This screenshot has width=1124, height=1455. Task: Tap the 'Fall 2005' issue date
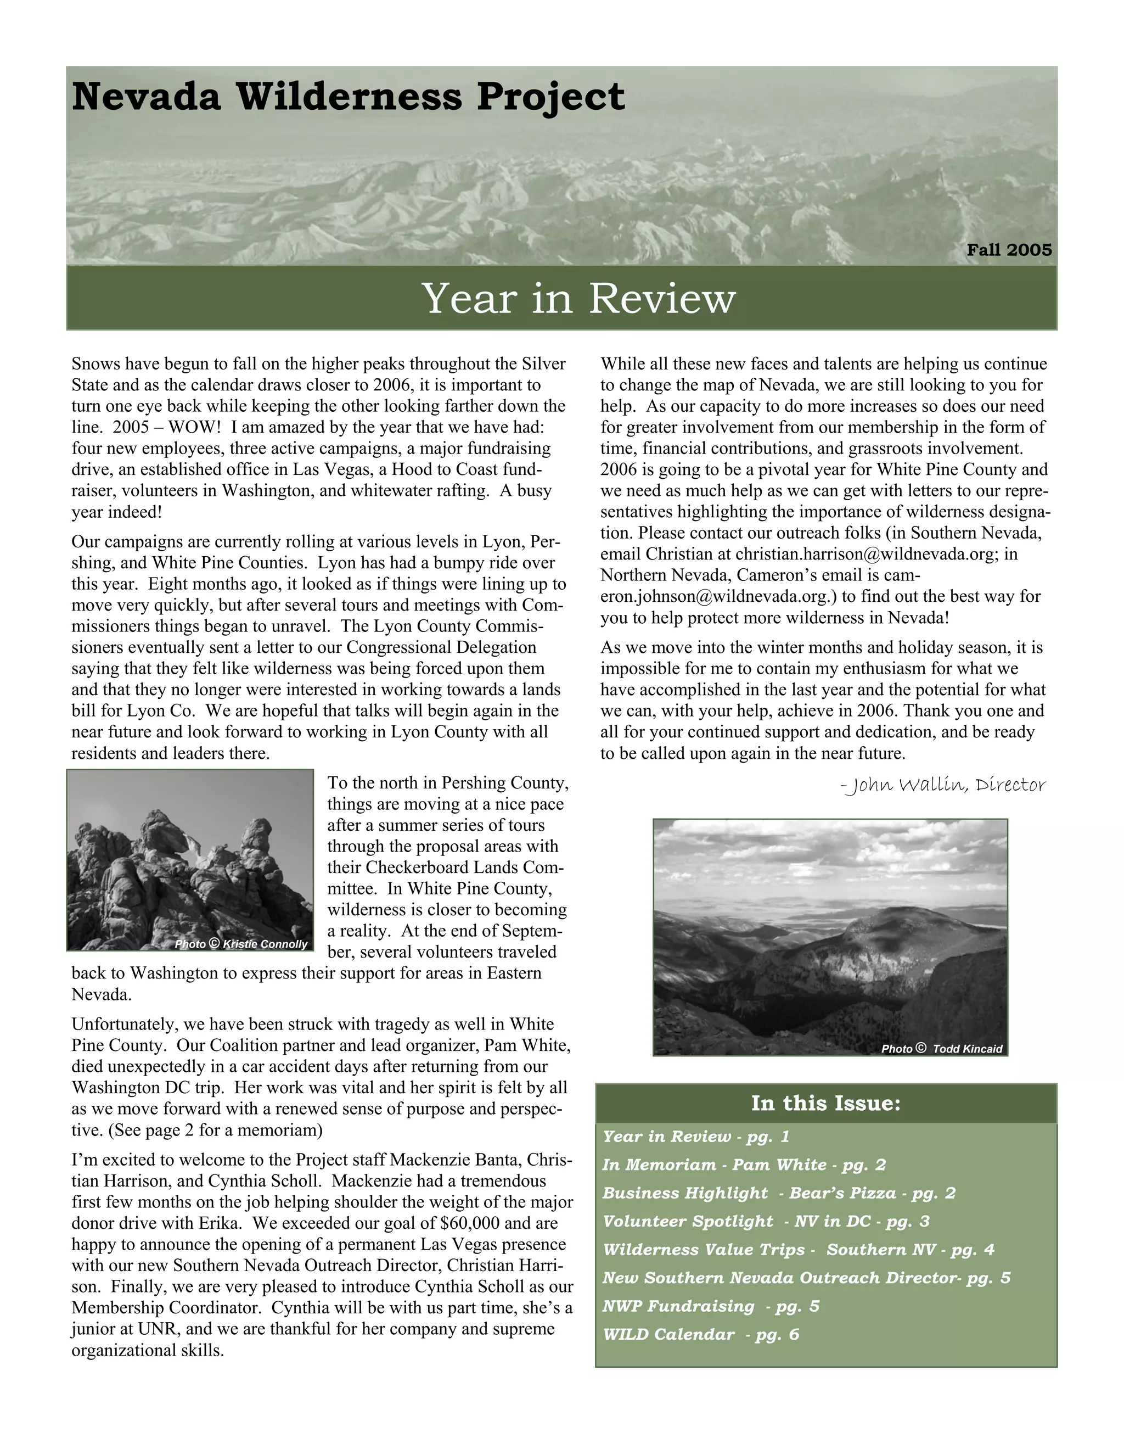(x=1009, y=250)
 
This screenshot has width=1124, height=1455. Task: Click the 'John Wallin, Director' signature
(x=943, y=786)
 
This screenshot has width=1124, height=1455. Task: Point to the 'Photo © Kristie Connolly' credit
(x=241, y=944)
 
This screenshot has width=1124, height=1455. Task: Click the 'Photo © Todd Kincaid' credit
(x=942, y=1049)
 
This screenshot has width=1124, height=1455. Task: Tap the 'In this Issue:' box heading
(x=825, y=1103)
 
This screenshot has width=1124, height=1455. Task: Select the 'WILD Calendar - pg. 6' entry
(x=700, y=1334)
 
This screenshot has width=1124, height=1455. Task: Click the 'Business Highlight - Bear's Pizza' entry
(x=778, y=1193)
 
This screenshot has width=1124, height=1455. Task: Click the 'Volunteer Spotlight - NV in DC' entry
(x=766, y=1221)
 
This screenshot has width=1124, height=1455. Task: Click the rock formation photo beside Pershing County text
(x=190, y=859)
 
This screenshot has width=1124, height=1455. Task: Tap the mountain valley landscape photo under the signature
(x=830, y=936)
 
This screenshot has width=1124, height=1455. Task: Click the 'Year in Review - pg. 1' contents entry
(x=695, y=1137)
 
